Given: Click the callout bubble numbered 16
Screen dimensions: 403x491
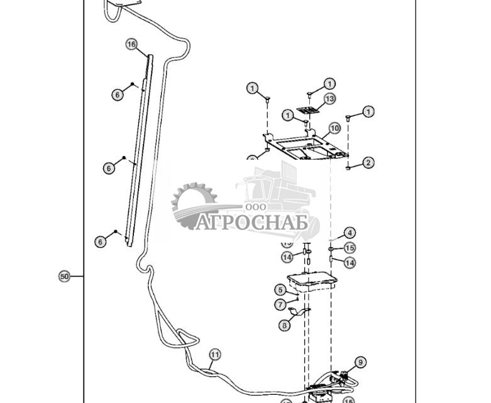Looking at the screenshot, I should click(x=131, y=44).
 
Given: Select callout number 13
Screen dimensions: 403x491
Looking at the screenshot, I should click(x=330, y=99).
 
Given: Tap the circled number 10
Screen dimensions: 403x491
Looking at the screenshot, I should click(x=334, y=128).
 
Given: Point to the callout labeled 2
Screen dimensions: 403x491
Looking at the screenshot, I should click(x=368, y=163).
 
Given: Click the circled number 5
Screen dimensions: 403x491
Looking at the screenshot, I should click(x=280, y=290).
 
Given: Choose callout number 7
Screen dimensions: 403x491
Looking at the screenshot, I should click(x=280, y=304).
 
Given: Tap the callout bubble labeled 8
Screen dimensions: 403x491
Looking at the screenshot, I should click(x=285, y=325).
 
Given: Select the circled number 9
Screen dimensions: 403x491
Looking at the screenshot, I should click(x=360, y=362).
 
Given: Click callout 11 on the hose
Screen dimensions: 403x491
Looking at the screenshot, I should click(x=215, y=355).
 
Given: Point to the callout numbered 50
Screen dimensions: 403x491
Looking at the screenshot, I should click(x=64, y=276).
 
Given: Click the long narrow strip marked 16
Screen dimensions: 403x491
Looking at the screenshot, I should click(x=139, y=151).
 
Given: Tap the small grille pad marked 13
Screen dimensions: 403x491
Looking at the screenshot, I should click(x=307, y=111).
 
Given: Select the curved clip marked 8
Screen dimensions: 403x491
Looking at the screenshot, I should click(x=300, y=311).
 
